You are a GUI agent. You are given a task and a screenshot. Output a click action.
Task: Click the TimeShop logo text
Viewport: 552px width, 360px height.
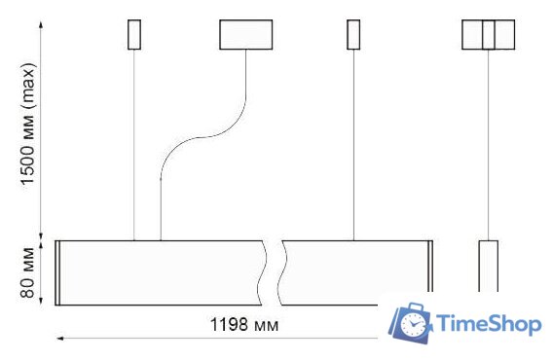click(490, 324)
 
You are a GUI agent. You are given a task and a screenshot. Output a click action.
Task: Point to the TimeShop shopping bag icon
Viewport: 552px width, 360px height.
click(412, 323)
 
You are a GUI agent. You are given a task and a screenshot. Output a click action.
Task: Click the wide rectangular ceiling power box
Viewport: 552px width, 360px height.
click(245, 34)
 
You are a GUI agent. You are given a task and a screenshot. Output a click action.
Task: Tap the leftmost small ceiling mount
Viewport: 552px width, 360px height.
click(134, 34)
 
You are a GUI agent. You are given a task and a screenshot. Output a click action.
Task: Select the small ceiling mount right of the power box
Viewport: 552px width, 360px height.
click(353, 34)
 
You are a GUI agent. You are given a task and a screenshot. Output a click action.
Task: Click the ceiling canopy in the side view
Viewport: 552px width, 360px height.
click(488, 34)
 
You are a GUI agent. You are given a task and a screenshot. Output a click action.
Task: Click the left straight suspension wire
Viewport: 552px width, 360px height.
click(134, 146)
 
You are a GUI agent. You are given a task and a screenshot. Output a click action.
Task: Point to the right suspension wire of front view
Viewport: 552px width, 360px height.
click(353, 146)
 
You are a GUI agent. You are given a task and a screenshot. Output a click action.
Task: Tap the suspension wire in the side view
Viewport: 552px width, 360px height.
click(488, 146)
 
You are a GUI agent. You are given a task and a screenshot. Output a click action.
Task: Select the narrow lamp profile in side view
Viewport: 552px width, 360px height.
click(488, 266)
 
